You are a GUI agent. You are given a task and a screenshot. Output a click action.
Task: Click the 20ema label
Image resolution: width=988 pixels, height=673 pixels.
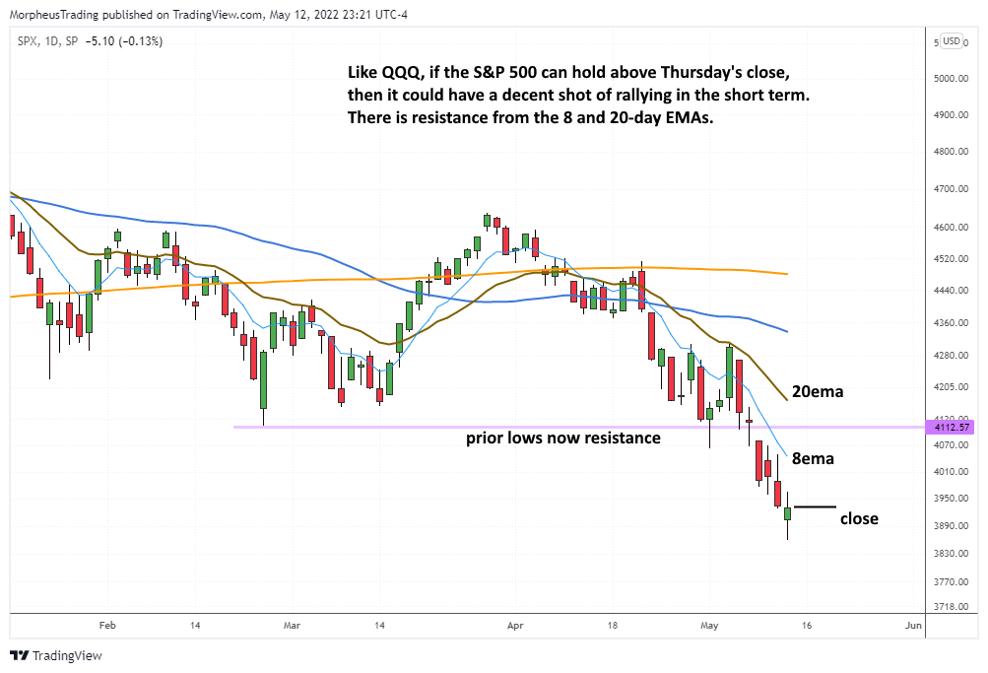pos(817,391)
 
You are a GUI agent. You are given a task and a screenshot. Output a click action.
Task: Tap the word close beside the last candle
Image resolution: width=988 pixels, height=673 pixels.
pos(858,518)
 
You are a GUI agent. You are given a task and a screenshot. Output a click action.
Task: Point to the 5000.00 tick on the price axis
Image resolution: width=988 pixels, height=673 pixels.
pos(951,78)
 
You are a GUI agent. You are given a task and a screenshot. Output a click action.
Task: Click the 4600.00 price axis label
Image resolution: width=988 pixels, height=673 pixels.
pos(951,227)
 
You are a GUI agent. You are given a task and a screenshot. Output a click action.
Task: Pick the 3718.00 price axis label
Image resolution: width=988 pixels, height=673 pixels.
pos(951,606)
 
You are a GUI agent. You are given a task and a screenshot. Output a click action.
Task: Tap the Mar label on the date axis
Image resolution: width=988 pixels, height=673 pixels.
pos(292,625)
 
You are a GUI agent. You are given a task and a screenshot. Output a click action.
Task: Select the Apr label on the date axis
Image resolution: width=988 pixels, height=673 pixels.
pos(513,625)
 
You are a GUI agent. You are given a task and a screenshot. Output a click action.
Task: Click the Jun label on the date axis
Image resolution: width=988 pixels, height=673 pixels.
pos(913,625)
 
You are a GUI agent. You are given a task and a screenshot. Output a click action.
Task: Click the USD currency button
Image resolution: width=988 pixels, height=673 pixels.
pos(952,40)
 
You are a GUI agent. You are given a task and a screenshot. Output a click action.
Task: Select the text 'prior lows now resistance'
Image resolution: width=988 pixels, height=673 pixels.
pos(562,437)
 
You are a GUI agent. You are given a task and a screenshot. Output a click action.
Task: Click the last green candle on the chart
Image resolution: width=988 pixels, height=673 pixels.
pos(787,513)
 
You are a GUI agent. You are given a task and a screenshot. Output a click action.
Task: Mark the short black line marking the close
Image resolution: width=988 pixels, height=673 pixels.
pos(815,506)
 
